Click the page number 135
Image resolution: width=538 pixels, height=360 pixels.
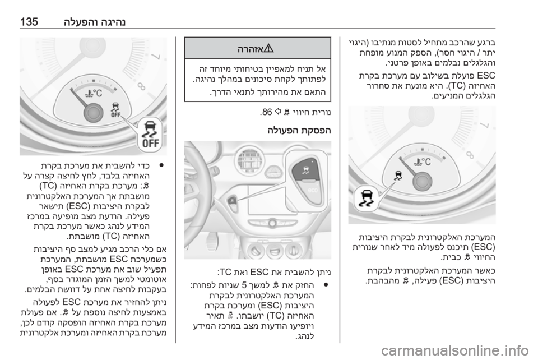[x=29, y=22]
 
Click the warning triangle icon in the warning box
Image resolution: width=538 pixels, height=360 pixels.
[x=268, y=49]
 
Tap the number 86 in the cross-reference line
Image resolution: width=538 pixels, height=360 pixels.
[x=266, y=112]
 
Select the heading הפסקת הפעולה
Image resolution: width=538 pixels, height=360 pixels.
[x=299, y=131]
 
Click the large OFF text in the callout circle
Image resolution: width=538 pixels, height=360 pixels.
[x=150, y=143]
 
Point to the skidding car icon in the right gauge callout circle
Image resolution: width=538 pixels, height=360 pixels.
[x=366, y=198]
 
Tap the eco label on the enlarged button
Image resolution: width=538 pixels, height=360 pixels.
[x=313, y=190]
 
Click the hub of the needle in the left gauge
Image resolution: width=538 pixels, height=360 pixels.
[x=91, y=112]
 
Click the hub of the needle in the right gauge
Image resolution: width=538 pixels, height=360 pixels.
[x=422, y=180]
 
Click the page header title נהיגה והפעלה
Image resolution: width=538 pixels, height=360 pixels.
[x=95, y=22]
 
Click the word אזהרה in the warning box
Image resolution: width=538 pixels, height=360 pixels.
[x=251, y=49]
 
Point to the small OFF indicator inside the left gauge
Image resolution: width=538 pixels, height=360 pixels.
[x=115, y=114]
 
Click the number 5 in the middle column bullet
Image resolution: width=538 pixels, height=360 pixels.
[x=244, y=284]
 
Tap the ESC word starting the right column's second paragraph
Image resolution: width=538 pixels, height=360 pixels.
[x=486, y=75]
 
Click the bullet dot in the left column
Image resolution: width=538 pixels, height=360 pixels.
[x=161, y=165]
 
